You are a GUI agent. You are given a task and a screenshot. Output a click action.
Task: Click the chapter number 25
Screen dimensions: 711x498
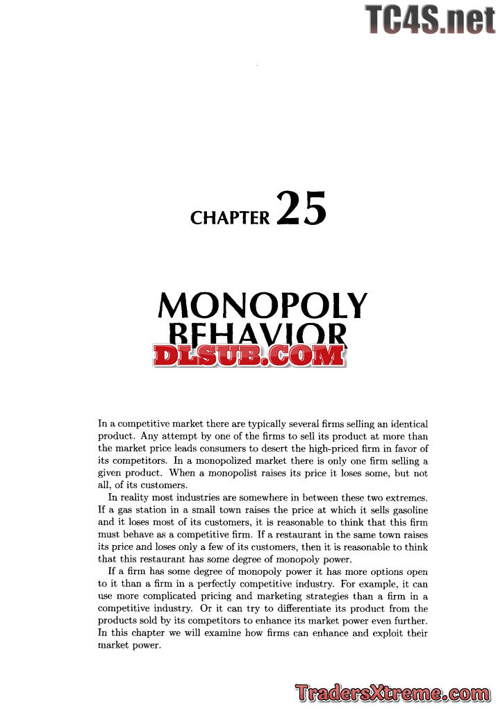[x=301, y=208]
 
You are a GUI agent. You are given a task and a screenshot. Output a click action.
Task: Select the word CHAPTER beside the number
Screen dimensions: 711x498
[x=230, y=218]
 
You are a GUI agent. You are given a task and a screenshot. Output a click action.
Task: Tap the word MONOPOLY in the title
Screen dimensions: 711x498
[x=263, y=306]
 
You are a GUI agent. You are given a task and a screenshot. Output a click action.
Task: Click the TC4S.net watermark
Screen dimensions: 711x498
[x=430, y=18]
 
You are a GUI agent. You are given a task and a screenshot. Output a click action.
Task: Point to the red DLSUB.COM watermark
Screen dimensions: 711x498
[x=249, y=355]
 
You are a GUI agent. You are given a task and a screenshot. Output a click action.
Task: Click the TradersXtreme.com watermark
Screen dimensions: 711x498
[x=392, y=692]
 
